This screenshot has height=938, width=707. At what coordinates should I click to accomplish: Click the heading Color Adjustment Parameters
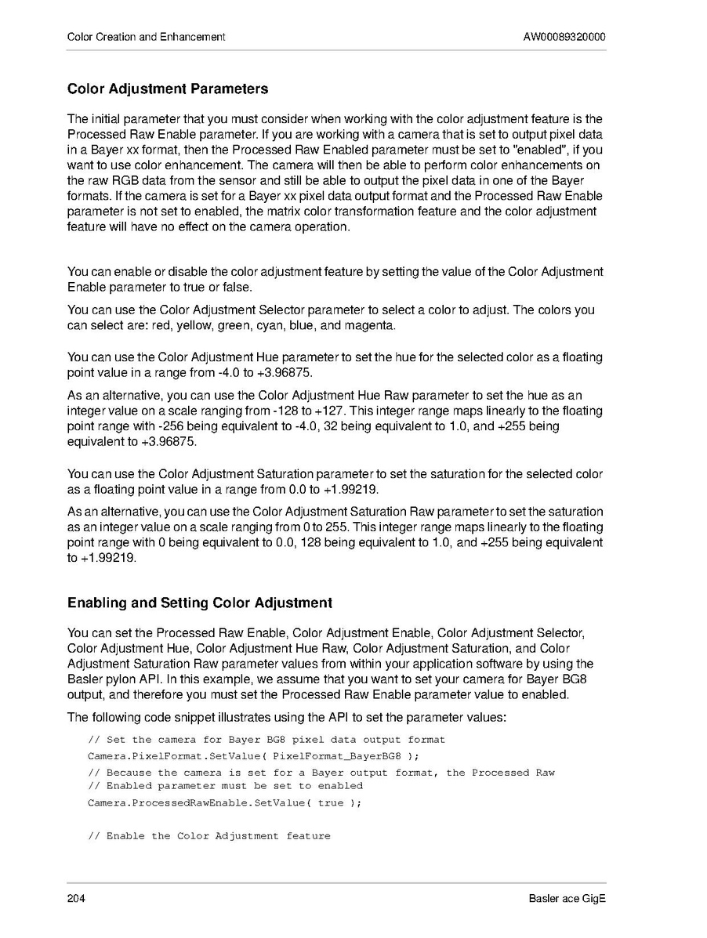pos(168,89)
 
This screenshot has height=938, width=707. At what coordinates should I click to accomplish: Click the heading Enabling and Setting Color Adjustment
pos(200,603)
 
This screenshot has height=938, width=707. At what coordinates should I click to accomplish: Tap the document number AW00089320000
pos(564,37)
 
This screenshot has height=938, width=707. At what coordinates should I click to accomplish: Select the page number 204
pos(76,898)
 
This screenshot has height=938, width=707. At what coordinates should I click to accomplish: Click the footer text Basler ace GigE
pos(567,898)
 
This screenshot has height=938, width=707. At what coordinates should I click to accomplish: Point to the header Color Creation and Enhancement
pos(147,37)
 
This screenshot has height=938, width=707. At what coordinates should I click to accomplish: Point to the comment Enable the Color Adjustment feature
pos(209,836)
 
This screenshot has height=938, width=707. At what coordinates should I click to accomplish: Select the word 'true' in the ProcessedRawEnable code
pos(330,803)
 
